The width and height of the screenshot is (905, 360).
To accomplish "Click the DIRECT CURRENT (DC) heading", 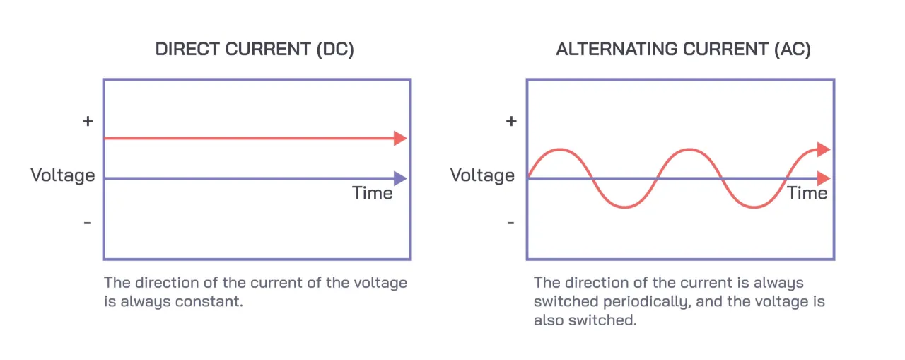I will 255,50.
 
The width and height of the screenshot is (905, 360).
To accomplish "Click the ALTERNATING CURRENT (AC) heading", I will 683,50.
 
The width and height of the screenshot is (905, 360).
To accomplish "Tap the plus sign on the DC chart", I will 88,121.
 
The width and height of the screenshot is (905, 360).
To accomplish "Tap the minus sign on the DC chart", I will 88,223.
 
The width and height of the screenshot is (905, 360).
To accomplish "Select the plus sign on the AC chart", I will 510,121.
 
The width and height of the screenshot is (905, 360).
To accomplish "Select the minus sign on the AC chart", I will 510,223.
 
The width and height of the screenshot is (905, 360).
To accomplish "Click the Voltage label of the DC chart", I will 63,175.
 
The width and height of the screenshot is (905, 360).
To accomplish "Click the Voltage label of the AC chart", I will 482,175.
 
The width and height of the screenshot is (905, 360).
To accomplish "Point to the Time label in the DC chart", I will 373,192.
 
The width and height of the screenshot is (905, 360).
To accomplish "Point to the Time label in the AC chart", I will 807,192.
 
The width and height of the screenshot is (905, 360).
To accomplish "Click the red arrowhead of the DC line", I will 401,139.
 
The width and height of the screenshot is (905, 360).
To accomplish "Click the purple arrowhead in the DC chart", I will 401,178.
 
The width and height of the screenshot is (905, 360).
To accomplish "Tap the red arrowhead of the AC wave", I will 823,149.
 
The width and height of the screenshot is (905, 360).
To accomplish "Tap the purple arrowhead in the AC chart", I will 824,178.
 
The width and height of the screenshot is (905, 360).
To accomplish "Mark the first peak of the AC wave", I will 560,149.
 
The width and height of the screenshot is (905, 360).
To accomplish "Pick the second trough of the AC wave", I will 754,207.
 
